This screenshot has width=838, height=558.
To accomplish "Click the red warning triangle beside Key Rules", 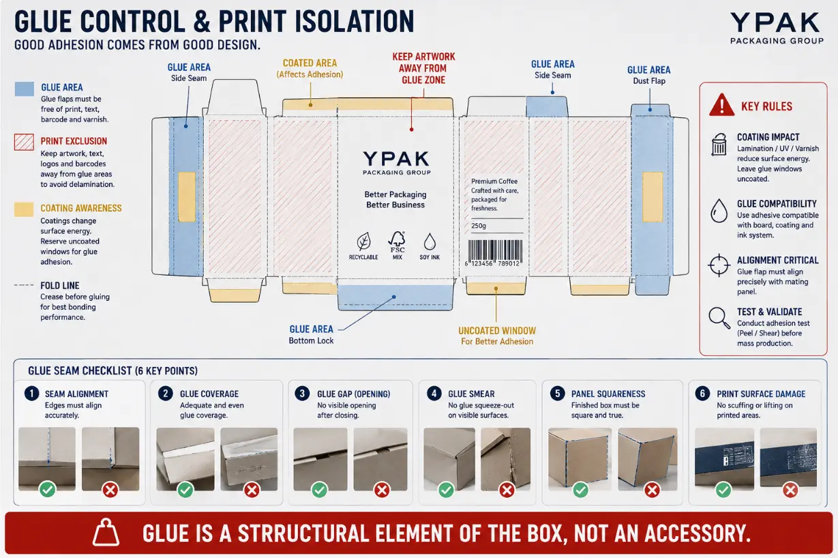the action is (x=721, y=105).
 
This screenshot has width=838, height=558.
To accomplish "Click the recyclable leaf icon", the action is (x=363, y=241).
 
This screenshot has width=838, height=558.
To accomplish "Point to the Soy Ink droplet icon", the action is (x=430, y=241).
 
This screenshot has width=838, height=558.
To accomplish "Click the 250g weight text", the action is (x=479, y=226).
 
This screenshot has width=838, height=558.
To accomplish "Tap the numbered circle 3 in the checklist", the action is (x=302, y=394).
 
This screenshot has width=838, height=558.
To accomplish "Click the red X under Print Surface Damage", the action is (x=790, y=490).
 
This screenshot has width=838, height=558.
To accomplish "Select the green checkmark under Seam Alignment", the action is (x=48, y=490).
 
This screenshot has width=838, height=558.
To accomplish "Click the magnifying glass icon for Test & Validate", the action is (x=719, y=318).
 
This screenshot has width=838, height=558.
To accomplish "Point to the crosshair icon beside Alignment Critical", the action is (x=719, y=265).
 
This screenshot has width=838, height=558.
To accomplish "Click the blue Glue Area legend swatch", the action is (x=25, y=89).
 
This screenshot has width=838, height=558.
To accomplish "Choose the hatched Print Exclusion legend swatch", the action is (x=25, y=142).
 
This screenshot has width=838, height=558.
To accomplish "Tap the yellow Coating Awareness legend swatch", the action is (x=25, y=209).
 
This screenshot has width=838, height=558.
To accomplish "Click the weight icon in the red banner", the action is (x=106, y=532).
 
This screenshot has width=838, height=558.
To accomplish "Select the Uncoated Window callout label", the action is (x=497, y=336).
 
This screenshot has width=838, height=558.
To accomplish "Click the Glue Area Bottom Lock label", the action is (x=311, y=334).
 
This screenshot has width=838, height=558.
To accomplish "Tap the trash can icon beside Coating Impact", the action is (x=719, y=144).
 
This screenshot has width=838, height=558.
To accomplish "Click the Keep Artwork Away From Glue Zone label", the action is (x=423, y=68).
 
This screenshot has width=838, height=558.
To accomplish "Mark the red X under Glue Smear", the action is (x=507, y=490).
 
